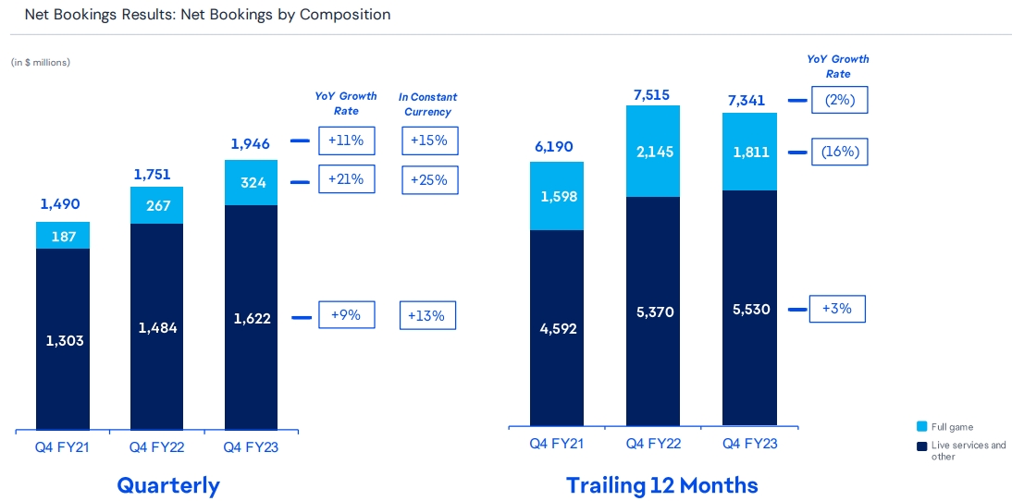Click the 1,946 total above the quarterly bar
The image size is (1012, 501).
click(x=250, y=143)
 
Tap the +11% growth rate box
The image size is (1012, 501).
click(x=346, y=141)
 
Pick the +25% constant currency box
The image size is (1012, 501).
click(x=429, y=179)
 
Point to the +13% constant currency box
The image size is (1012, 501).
click(x=427, y=315)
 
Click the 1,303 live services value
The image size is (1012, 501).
click(x=64, y=340)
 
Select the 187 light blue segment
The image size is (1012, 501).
click(x=64, y=237)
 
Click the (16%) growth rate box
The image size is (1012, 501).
click(x=840, y=152)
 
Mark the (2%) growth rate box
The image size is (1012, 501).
click(x=840, y=99)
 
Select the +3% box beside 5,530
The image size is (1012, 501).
click(x=836, y=309)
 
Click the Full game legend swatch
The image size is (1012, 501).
click(x=921, y=426)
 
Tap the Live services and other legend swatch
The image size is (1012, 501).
click(x=921, y=446)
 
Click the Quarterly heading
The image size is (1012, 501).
click(x=168, y=485)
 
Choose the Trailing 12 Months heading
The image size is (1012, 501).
click(x=661, y=485)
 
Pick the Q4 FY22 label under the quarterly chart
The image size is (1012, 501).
click(x=155, y=447)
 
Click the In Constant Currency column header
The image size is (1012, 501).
click(x=427, y=104)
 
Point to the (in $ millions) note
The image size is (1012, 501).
click(x=41, y=62)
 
